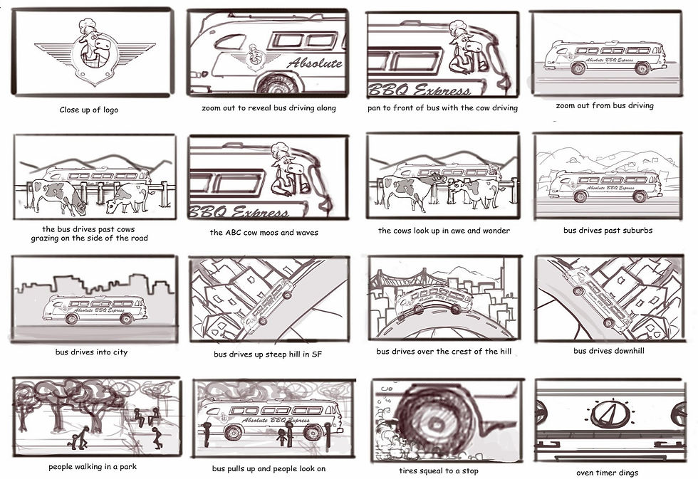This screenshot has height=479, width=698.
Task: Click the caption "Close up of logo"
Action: (89, 110)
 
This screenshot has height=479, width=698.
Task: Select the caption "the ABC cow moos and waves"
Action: (265, 233)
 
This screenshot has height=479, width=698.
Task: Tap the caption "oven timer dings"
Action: (607, 473)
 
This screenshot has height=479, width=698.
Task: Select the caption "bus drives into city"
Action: (91, 352)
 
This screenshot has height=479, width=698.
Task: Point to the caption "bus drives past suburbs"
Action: (608, 231)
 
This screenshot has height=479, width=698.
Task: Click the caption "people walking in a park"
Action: (93, 467)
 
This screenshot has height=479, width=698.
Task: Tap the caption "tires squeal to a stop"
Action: (439, 471)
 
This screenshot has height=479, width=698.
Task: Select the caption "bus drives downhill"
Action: (607, 351)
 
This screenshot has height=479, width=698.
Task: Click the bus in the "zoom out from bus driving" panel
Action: (605, 58)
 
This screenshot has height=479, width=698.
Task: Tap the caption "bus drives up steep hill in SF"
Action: (268, 354)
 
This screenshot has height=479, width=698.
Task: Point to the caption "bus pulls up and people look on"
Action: (268, 469)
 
